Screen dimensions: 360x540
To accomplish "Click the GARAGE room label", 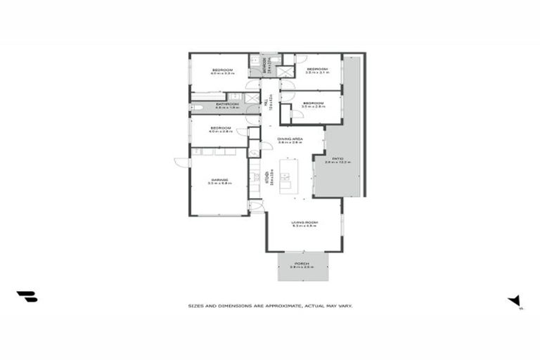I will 218,180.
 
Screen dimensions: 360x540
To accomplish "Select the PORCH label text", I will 302,264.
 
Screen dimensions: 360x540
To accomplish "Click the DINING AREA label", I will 290,139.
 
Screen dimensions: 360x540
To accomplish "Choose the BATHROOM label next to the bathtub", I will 227,105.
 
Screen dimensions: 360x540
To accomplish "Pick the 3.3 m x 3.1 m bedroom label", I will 317,70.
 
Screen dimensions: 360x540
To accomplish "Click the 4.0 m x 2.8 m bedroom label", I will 221,129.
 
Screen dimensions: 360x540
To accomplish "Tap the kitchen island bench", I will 287,176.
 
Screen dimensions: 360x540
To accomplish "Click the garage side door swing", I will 182,162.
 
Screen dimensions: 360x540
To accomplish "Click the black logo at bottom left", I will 27,297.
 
